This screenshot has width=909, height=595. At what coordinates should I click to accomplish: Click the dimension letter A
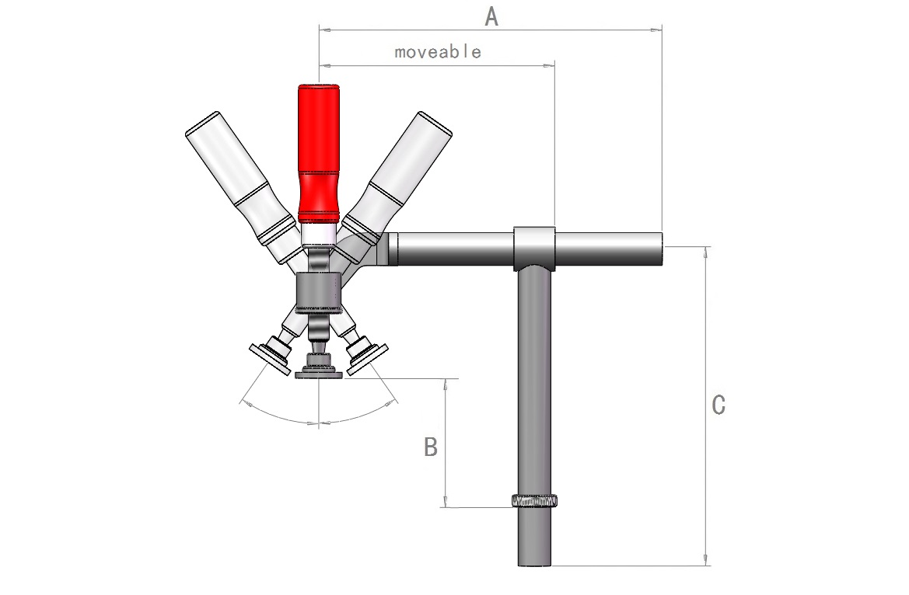click(491, 17)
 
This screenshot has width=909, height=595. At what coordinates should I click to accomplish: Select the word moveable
click(438, 52)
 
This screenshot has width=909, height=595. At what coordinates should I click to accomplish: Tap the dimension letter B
click(431, 447)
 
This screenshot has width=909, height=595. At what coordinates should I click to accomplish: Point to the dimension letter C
click(718, 405)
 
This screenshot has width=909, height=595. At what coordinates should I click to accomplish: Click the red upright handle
click(318, 154)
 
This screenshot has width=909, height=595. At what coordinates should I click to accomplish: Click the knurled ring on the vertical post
click(534, 500)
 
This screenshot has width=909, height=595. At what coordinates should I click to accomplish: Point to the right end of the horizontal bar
click(661, 249)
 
